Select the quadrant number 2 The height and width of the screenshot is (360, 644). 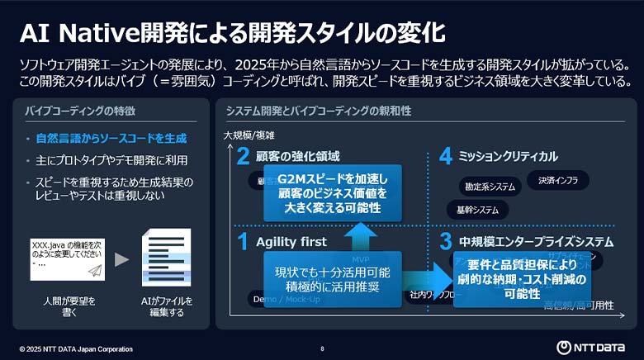coord(243,156)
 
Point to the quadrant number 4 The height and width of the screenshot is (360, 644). coord(446,156)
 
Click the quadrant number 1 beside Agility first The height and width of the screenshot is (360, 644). coord(243,241)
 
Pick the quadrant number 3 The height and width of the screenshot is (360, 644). coord(446,241)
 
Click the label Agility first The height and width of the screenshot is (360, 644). coord(291,242)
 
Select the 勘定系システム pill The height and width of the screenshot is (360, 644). coord(490,187)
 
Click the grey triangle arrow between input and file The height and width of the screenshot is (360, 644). coord(122,259)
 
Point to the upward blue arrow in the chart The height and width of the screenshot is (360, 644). coord(360,235)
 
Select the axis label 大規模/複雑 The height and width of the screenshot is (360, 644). coord(249,135)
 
